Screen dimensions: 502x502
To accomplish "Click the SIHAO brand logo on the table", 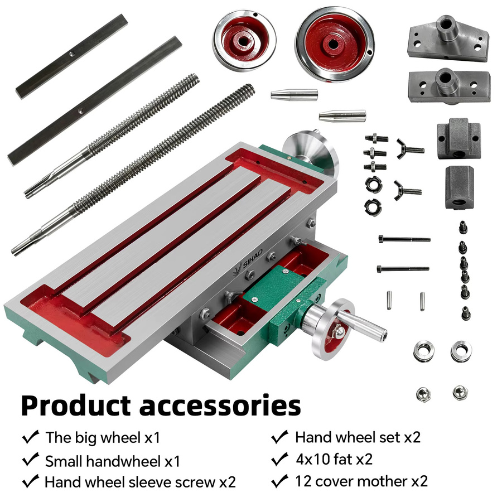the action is click(x=249, y=260).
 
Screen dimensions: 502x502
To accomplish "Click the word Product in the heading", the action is click(x=76, y=406).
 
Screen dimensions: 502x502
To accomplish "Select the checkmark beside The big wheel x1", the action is click(x=31, y=437).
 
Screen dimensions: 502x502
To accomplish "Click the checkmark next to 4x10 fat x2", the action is click(x=279, y=459).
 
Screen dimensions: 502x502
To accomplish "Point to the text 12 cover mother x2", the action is click(x=361, y=481).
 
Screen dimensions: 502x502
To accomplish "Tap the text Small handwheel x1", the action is click(x=112, y=461).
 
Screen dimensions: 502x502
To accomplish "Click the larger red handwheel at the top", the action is click(x=335, y=44).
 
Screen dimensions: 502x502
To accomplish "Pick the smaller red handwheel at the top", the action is click(x=244, y=41).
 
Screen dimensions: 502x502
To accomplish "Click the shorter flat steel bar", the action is click(x=72, y=56).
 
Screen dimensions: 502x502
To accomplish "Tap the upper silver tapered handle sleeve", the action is click(x=294, y=95).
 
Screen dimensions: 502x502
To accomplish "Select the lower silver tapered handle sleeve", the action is click(x=342, y=115).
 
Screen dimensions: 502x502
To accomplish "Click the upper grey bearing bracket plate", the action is click(x=448, y=38).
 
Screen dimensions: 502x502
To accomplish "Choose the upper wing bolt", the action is click(x=410, y=149).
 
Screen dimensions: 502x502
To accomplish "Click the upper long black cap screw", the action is click(x=404, y=239).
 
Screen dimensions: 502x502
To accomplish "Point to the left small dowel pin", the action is click(x=389, y=300).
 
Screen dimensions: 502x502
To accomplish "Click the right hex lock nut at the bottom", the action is click(x=460, y=393).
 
